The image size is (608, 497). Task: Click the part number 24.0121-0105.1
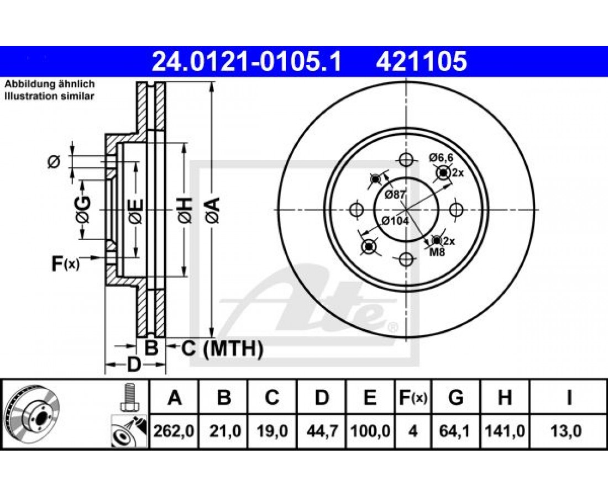coord(246,62)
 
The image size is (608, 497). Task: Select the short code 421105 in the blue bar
coord(421,62)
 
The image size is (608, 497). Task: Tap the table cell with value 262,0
coord(174,431)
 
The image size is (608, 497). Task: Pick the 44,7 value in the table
coord(322,431)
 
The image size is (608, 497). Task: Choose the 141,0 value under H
coord(505,431)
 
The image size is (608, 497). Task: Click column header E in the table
coord(370,398)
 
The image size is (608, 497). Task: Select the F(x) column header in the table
coord(413,398)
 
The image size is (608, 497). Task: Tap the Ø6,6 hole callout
coord(441,157)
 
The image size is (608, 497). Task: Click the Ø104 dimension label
coord(395,221)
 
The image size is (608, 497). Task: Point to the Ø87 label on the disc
coord(395,195)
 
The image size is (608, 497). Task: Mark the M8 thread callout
coord(437,252)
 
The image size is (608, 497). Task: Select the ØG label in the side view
coord(83,210)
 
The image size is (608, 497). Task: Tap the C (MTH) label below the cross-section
coord(222,348)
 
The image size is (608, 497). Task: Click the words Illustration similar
coord(49,96)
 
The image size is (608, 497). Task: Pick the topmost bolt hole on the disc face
coord(406,160)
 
